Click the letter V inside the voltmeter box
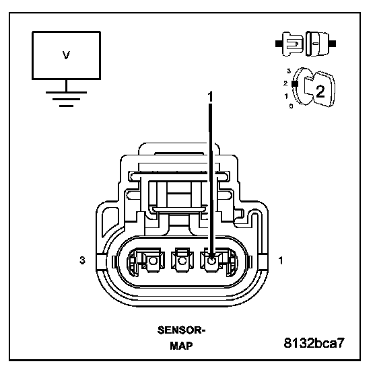(x=66, y=55)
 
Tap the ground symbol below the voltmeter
(x=66, y=99)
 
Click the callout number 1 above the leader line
(x=210, y=97)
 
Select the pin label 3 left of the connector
(x=82, y=260)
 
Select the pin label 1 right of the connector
(x=281, y=260)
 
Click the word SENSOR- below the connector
(x=181, y=330)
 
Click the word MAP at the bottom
(x=181, y=346)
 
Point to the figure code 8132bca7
(x=314, y=343)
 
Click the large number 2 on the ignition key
(x=320, y=91)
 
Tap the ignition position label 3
(x=289, y=71)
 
